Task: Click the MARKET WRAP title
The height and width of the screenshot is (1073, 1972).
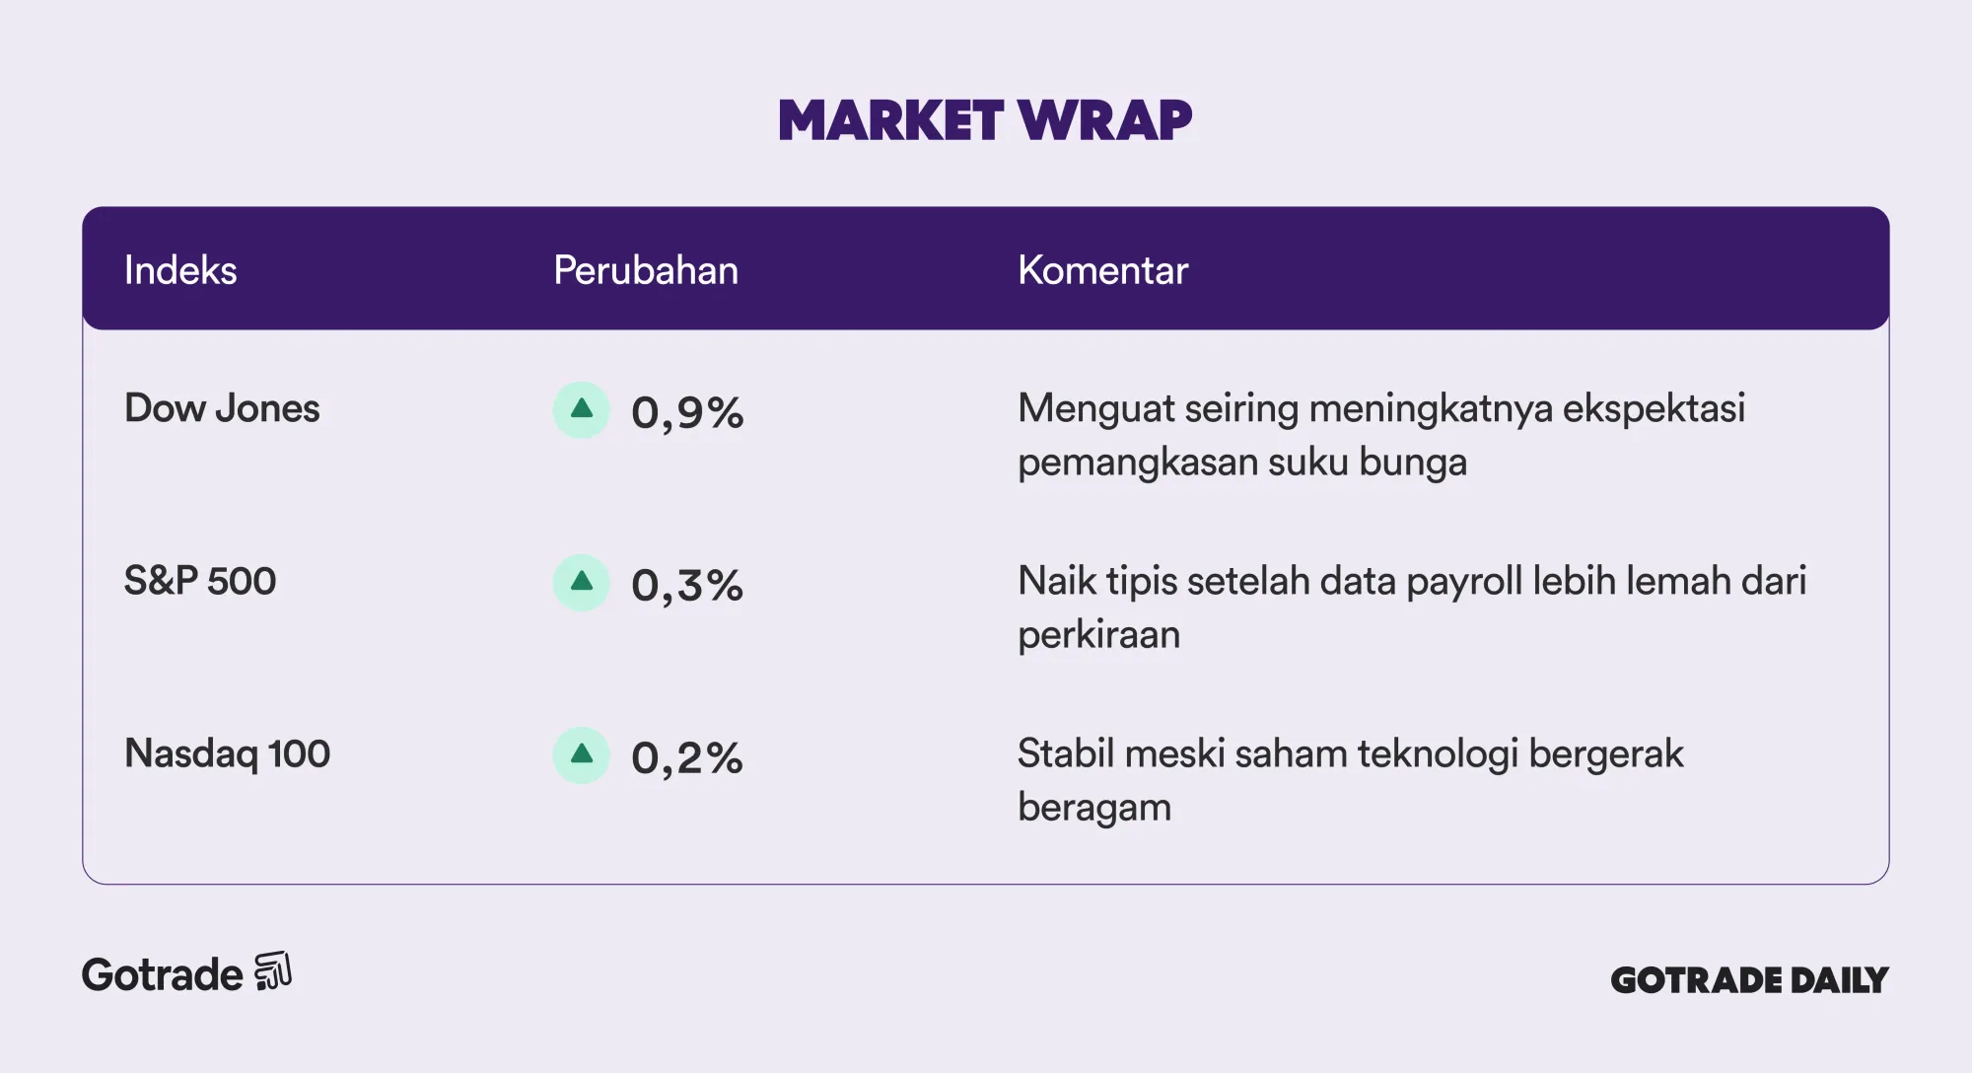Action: (x=985, y=120)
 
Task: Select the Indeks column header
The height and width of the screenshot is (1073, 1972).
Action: (x=180, y=270)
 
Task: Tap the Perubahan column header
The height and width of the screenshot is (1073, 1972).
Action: (x=646, y=270)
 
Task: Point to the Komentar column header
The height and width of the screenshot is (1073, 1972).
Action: (x=1102, y=270)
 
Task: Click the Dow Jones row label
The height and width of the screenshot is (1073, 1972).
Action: (x=222, y=408)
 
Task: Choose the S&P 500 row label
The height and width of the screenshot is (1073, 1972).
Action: (x=200, y=581)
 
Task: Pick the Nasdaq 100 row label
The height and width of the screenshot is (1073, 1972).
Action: (x=227, y=753)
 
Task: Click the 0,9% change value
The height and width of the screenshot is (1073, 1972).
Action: (x=687, y=412)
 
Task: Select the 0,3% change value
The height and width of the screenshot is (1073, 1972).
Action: (x=687, y=585)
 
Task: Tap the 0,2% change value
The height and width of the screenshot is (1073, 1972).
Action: (x=687, y=757)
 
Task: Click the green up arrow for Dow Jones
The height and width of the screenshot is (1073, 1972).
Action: (x=582, y=409)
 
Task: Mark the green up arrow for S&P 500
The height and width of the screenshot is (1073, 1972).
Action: (x=582, y=582)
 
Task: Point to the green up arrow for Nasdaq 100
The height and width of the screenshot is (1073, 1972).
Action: (x=582, y=754)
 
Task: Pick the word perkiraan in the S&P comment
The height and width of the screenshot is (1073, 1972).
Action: (x=1098, y=635)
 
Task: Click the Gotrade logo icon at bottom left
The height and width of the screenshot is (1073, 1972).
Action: (x=273, y=971)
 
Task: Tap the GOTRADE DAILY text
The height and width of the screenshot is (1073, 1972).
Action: (x=1749, y=980)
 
